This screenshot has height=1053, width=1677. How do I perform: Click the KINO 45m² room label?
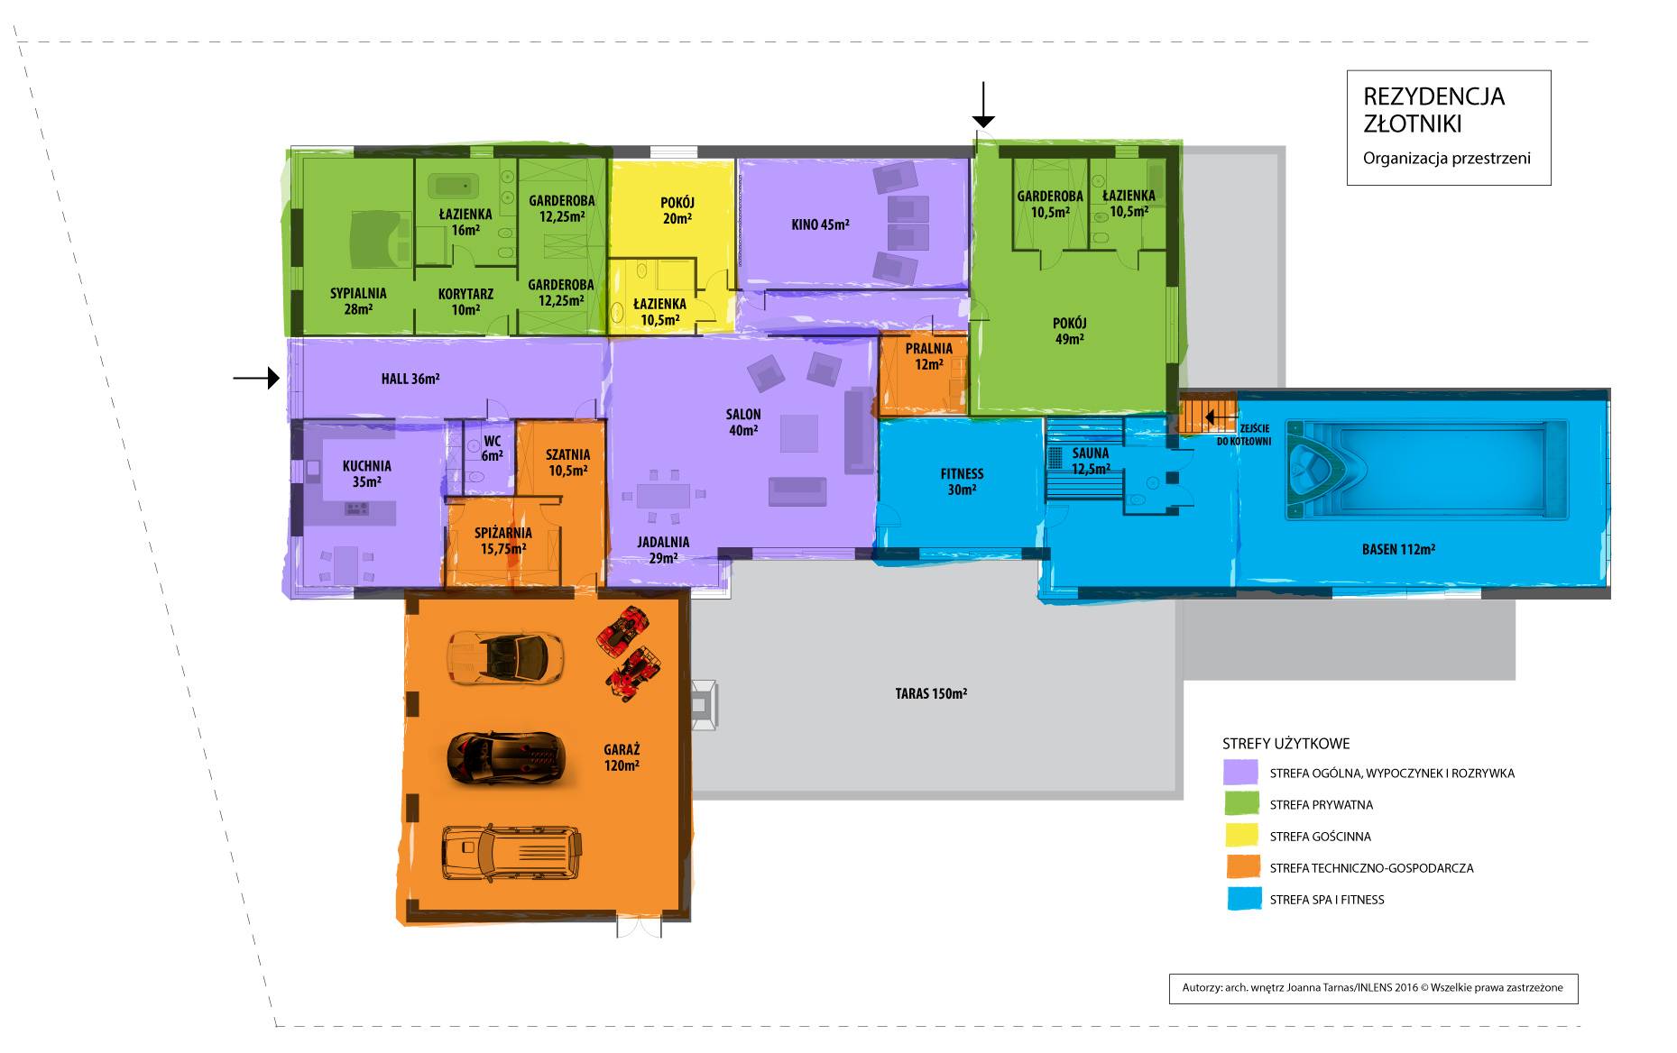820,224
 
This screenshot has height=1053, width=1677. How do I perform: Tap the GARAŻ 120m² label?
622,757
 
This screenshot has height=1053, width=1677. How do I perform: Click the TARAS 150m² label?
931,693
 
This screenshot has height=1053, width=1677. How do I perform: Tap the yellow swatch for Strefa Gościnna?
1242,836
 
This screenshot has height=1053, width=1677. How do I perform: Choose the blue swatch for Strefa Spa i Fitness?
1242,899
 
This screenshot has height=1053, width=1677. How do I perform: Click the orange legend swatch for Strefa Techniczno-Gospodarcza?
1242,867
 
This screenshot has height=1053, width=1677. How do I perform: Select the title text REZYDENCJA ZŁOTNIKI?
1433,109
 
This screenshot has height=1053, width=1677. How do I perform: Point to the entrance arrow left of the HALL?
256,379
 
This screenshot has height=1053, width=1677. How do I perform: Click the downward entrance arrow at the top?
983,104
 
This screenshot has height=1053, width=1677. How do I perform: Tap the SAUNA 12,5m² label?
1091,461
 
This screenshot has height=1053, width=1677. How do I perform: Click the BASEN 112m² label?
1398,548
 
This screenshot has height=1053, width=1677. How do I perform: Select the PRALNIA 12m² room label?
929,356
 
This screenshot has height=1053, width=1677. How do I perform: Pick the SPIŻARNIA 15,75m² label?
503,541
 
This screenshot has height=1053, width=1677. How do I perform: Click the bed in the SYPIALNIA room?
373,239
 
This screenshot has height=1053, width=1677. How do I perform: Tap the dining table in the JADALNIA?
663,496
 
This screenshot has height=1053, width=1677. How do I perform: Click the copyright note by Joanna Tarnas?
1373,987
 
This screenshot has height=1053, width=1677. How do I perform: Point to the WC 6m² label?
492,448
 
